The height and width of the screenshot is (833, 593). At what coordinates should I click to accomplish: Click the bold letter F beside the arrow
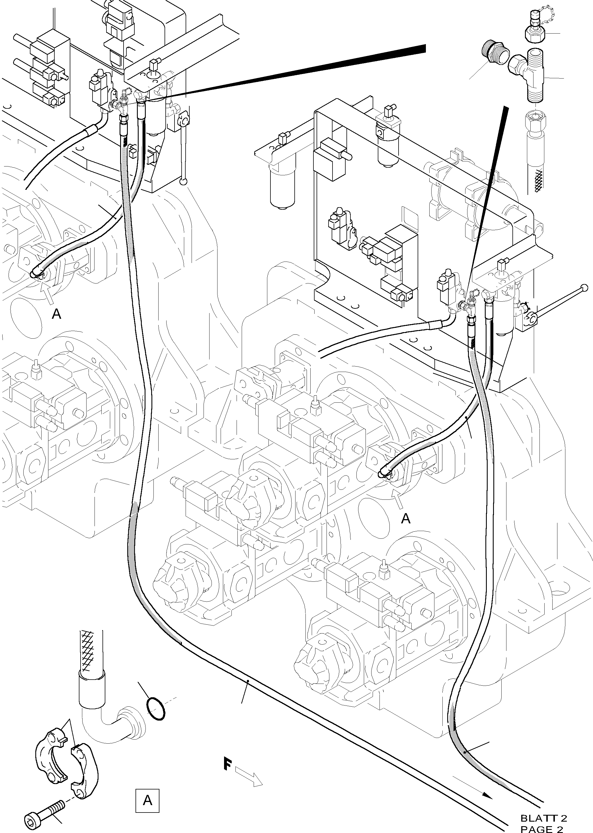click(227, 764)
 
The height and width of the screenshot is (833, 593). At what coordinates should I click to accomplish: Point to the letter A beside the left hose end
click(57, 313)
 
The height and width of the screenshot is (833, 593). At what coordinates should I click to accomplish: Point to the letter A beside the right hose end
click(406, 518)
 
